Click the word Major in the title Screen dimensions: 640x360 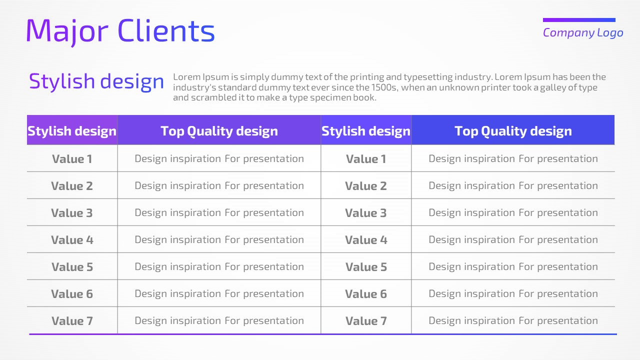(67, 31)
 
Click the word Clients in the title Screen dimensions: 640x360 (166, 30)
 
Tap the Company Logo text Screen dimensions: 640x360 (583, 33)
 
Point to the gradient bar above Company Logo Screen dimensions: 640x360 (579, 20)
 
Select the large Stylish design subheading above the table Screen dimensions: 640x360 (96, 81)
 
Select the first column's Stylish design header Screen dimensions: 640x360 (72, 131)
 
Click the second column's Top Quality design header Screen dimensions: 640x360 (219, 131)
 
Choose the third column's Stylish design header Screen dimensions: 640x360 (366, 131)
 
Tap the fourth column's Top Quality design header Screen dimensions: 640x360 (513, 131)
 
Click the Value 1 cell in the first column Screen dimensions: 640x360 (72, 159)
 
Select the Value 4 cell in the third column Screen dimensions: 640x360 (366, 240)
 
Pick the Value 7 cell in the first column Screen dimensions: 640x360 (72, 321)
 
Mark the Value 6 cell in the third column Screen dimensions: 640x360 (366, 294)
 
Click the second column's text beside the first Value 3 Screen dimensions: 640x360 (219, 213)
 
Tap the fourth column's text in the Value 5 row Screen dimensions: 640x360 (513, 267)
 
